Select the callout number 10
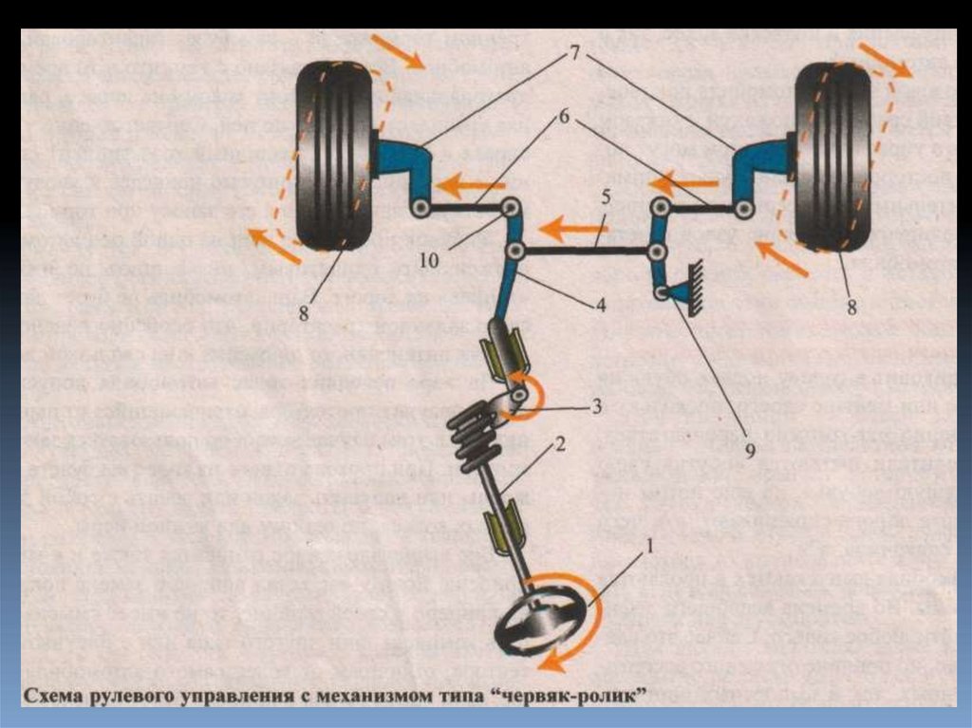pos(429,260)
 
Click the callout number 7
pos(574,53)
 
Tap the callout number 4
pos(600,305)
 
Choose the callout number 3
pos(596,406)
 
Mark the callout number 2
pos(560,444)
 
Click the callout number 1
pos(649,546)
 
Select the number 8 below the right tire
pos(852,307)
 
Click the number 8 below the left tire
pos(303,313)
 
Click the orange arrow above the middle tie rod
pos(570,229)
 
